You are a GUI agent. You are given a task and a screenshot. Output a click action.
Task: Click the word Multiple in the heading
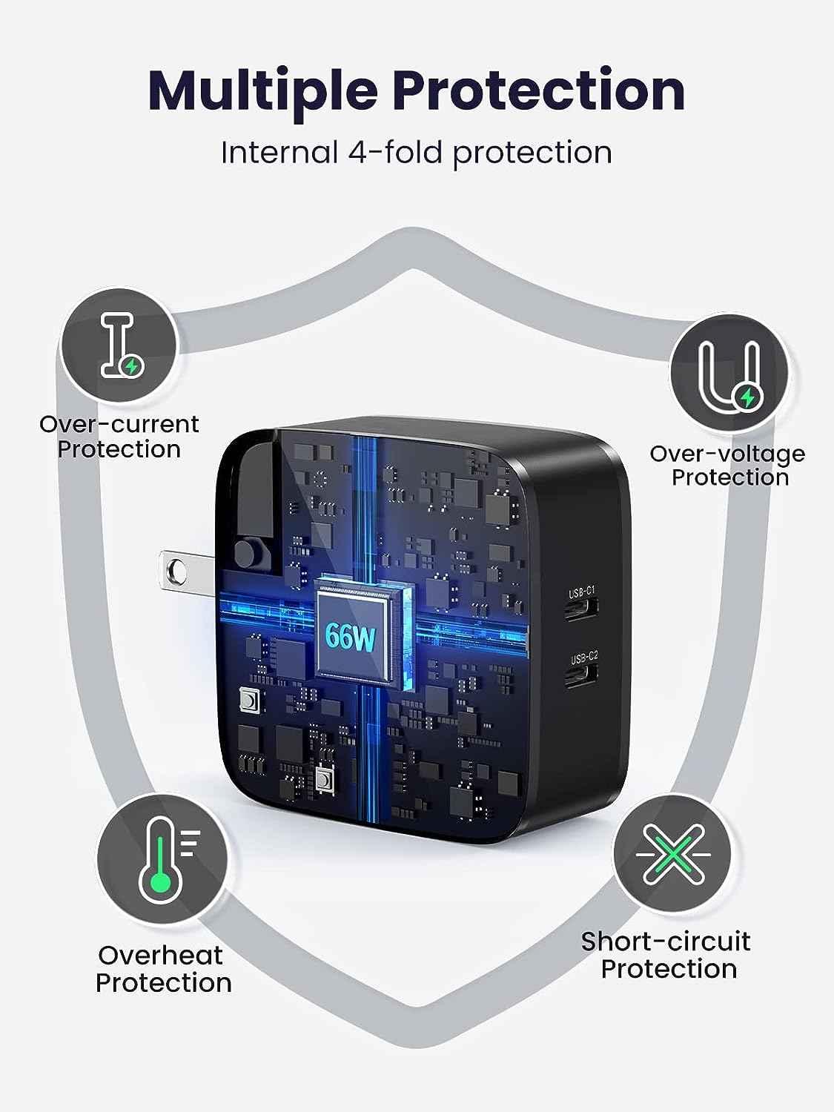263,90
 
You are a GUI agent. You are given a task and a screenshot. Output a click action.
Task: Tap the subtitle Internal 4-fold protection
417,153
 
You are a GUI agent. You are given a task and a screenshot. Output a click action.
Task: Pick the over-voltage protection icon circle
729,372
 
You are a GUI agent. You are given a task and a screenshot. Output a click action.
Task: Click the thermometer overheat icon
162,860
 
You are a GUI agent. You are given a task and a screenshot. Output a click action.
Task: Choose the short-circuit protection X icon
671,853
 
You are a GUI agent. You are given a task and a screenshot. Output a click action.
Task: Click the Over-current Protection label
119,437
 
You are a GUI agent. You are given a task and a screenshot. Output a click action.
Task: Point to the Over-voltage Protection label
728,465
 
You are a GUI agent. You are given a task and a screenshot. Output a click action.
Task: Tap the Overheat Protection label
163,969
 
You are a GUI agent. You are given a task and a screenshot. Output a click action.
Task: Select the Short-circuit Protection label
666,955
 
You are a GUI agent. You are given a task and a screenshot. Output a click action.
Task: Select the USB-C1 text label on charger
582,593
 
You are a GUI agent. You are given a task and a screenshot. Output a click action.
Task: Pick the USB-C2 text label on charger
583,656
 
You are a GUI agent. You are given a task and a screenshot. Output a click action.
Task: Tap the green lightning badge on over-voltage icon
747,398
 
